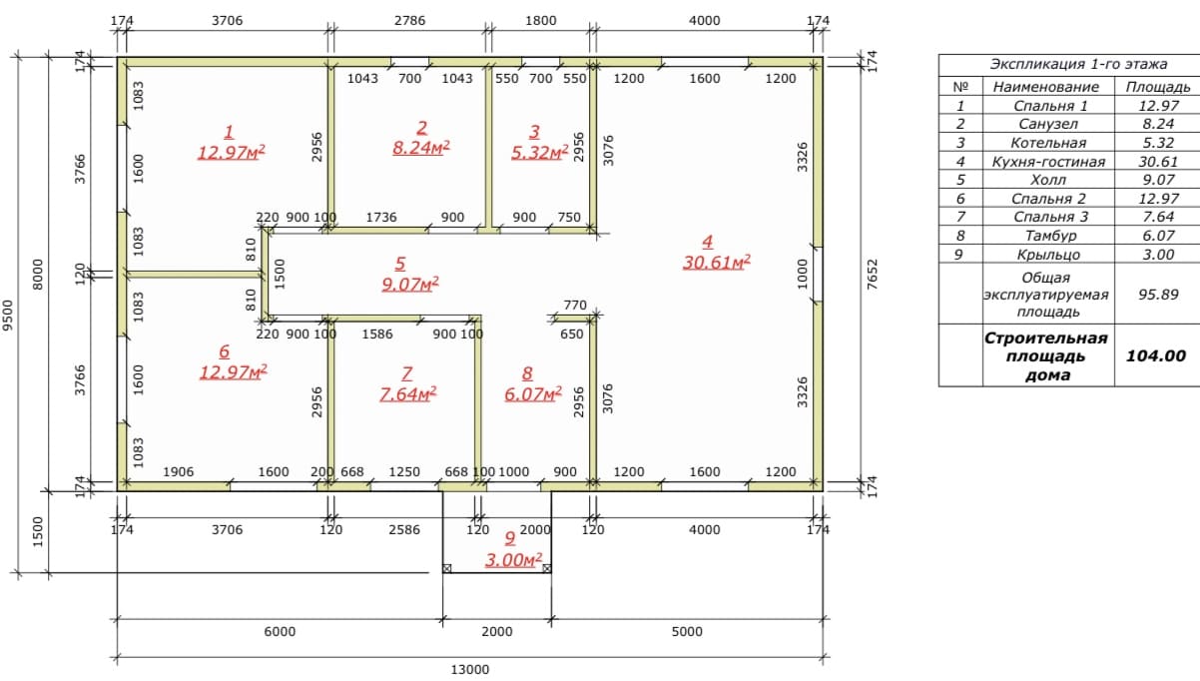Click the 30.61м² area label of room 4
[x=716, y=263]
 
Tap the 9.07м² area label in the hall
[x=410, y=284]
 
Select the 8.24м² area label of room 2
[x=421, y=148]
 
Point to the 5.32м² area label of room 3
[x=539, y=153]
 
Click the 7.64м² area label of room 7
[x=408, y=394]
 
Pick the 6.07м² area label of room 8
[x=533, y=394]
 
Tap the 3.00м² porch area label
[x=514, y=560]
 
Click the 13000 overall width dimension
[x=470, y=670]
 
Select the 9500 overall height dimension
[x=8, y=316]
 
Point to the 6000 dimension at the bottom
[x=280, y=632]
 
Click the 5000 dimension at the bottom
[x=687, y=632]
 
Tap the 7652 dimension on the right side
[x=873, y=275]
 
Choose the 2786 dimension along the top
[x=410, y=20]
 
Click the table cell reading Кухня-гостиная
[x=1048, y=162]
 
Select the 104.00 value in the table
[x=1156, y=355]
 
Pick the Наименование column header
[x=1045, y=87]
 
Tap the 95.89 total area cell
[x=1158, y=295]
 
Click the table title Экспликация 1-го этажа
[x=1078, y=64]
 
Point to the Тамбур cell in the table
[x=1050, y=236]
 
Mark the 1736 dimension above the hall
[x=381, y=217]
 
